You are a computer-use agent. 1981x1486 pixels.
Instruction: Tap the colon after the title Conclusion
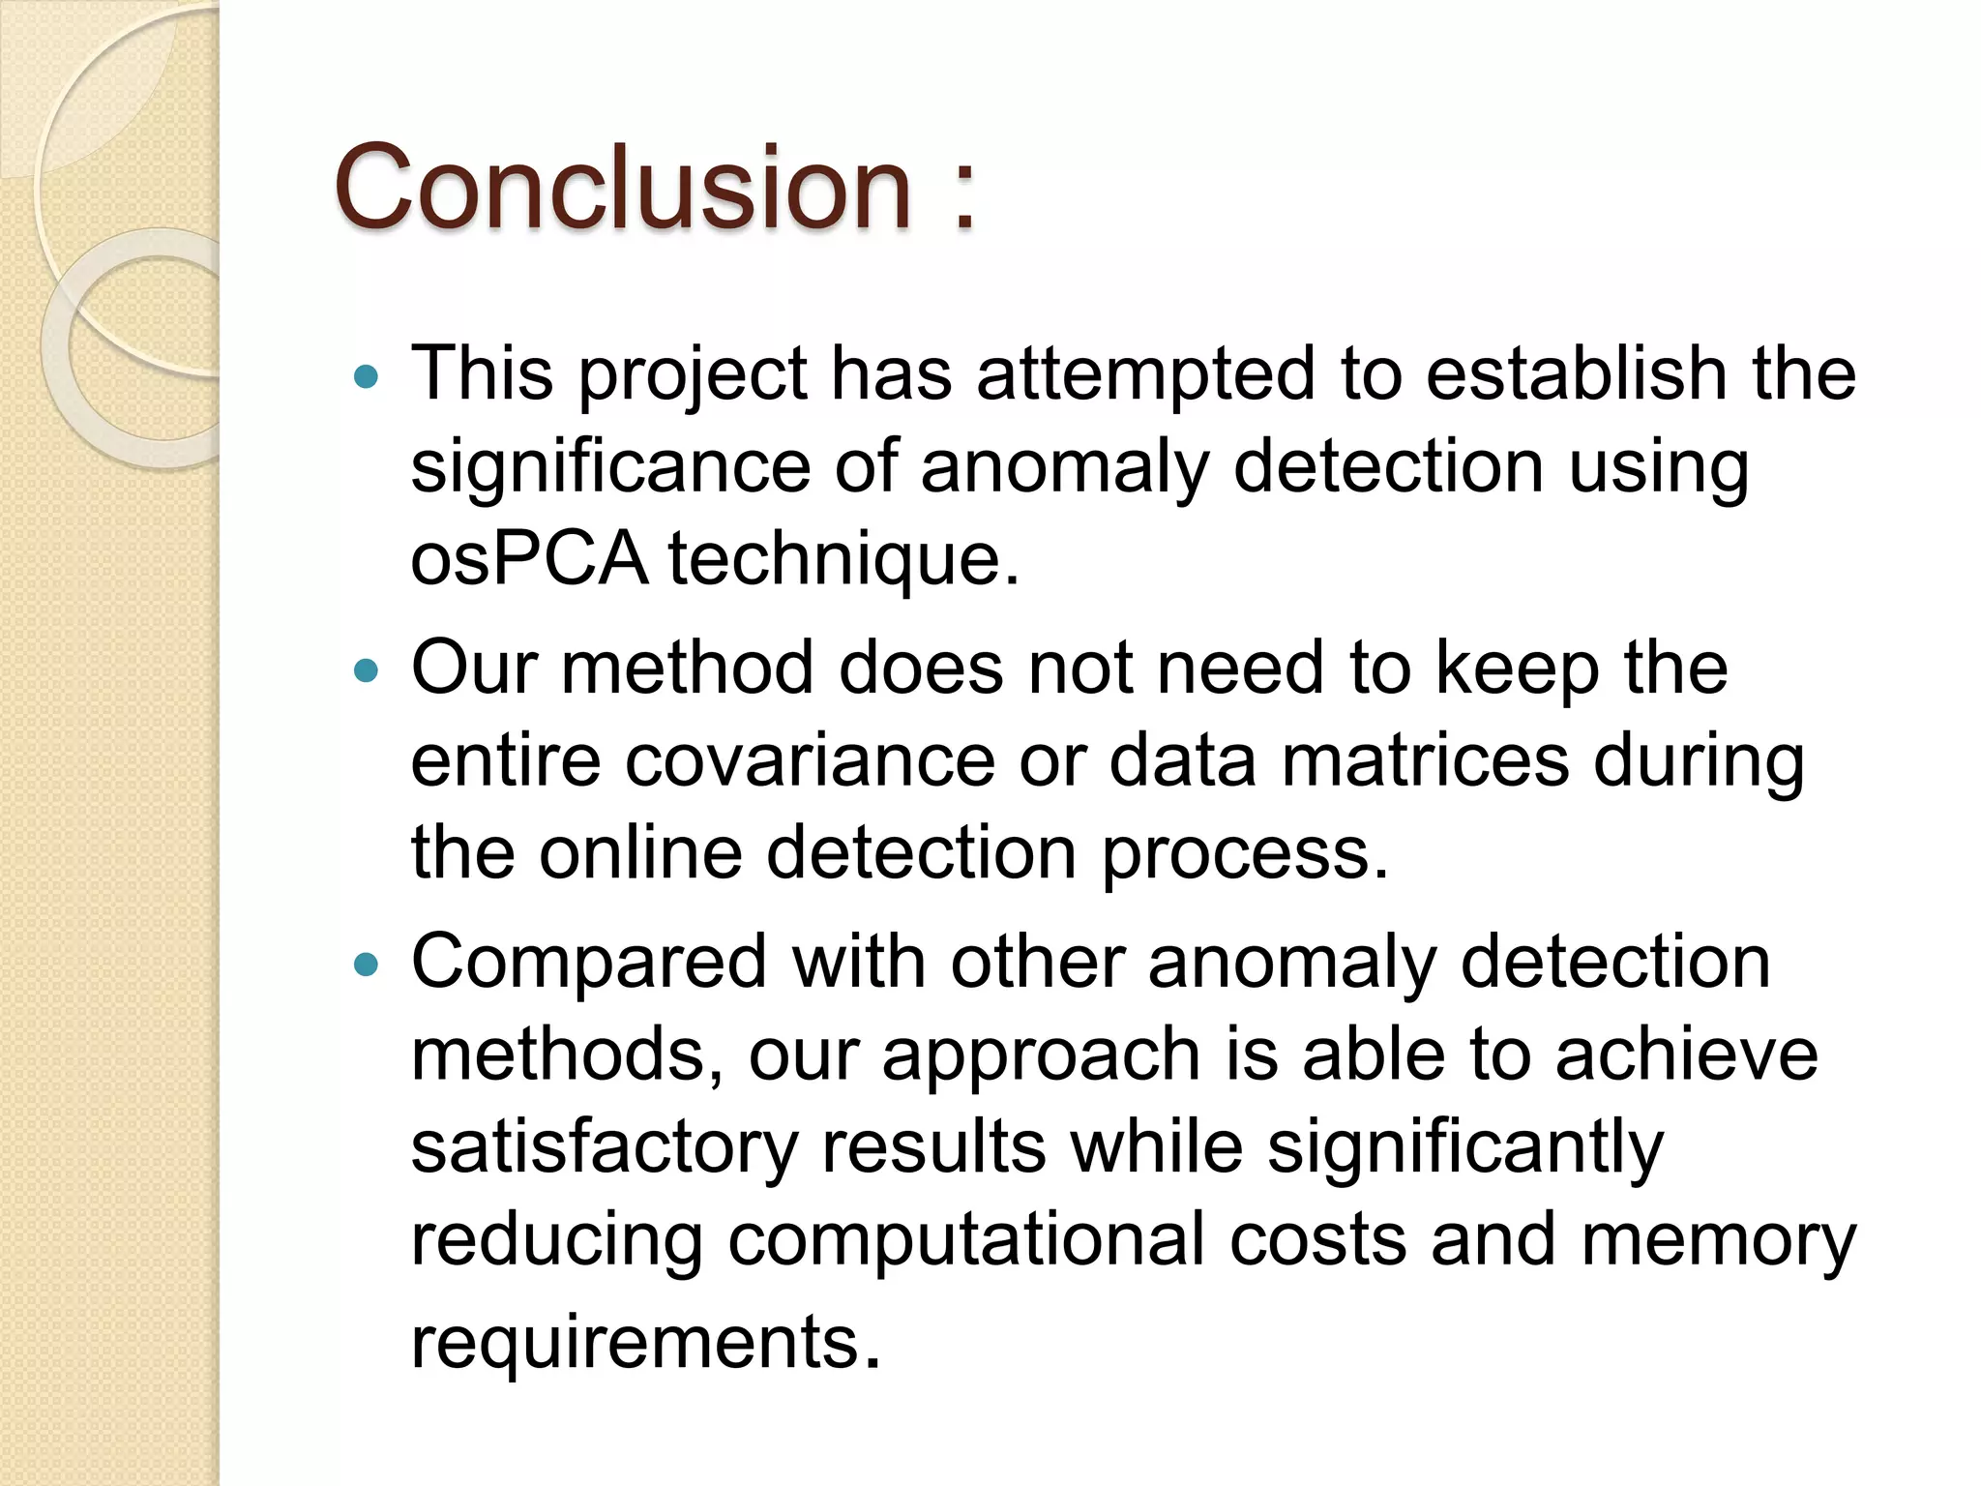coord(963,193)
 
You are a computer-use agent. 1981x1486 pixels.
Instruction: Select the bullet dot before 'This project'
coord(367,376)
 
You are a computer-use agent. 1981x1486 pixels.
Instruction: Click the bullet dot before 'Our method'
coord(367,669)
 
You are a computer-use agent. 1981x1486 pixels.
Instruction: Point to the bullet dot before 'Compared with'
coord(367,964)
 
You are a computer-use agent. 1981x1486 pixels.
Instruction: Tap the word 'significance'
coord(610,468)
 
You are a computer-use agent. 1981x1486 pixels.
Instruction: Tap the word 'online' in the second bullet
coord(640,853)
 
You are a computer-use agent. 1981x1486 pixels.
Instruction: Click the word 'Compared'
coord(589,964)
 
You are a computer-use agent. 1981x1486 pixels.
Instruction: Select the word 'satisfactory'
coord(605,1148)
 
